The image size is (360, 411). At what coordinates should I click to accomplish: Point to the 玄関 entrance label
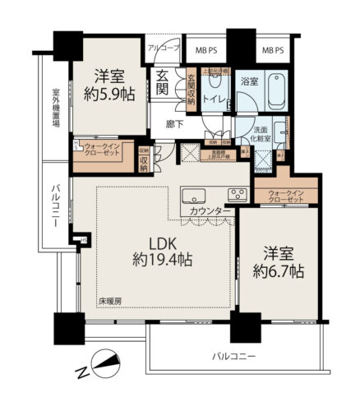tap(163, 86)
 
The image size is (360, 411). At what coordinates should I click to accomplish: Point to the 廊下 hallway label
tap(173, 125)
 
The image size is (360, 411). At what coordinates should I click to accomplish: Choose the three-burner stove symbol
tap(236, 196)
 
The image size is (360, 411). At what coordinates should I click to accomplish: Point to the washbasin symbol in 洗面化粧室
tap(280, 132)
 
